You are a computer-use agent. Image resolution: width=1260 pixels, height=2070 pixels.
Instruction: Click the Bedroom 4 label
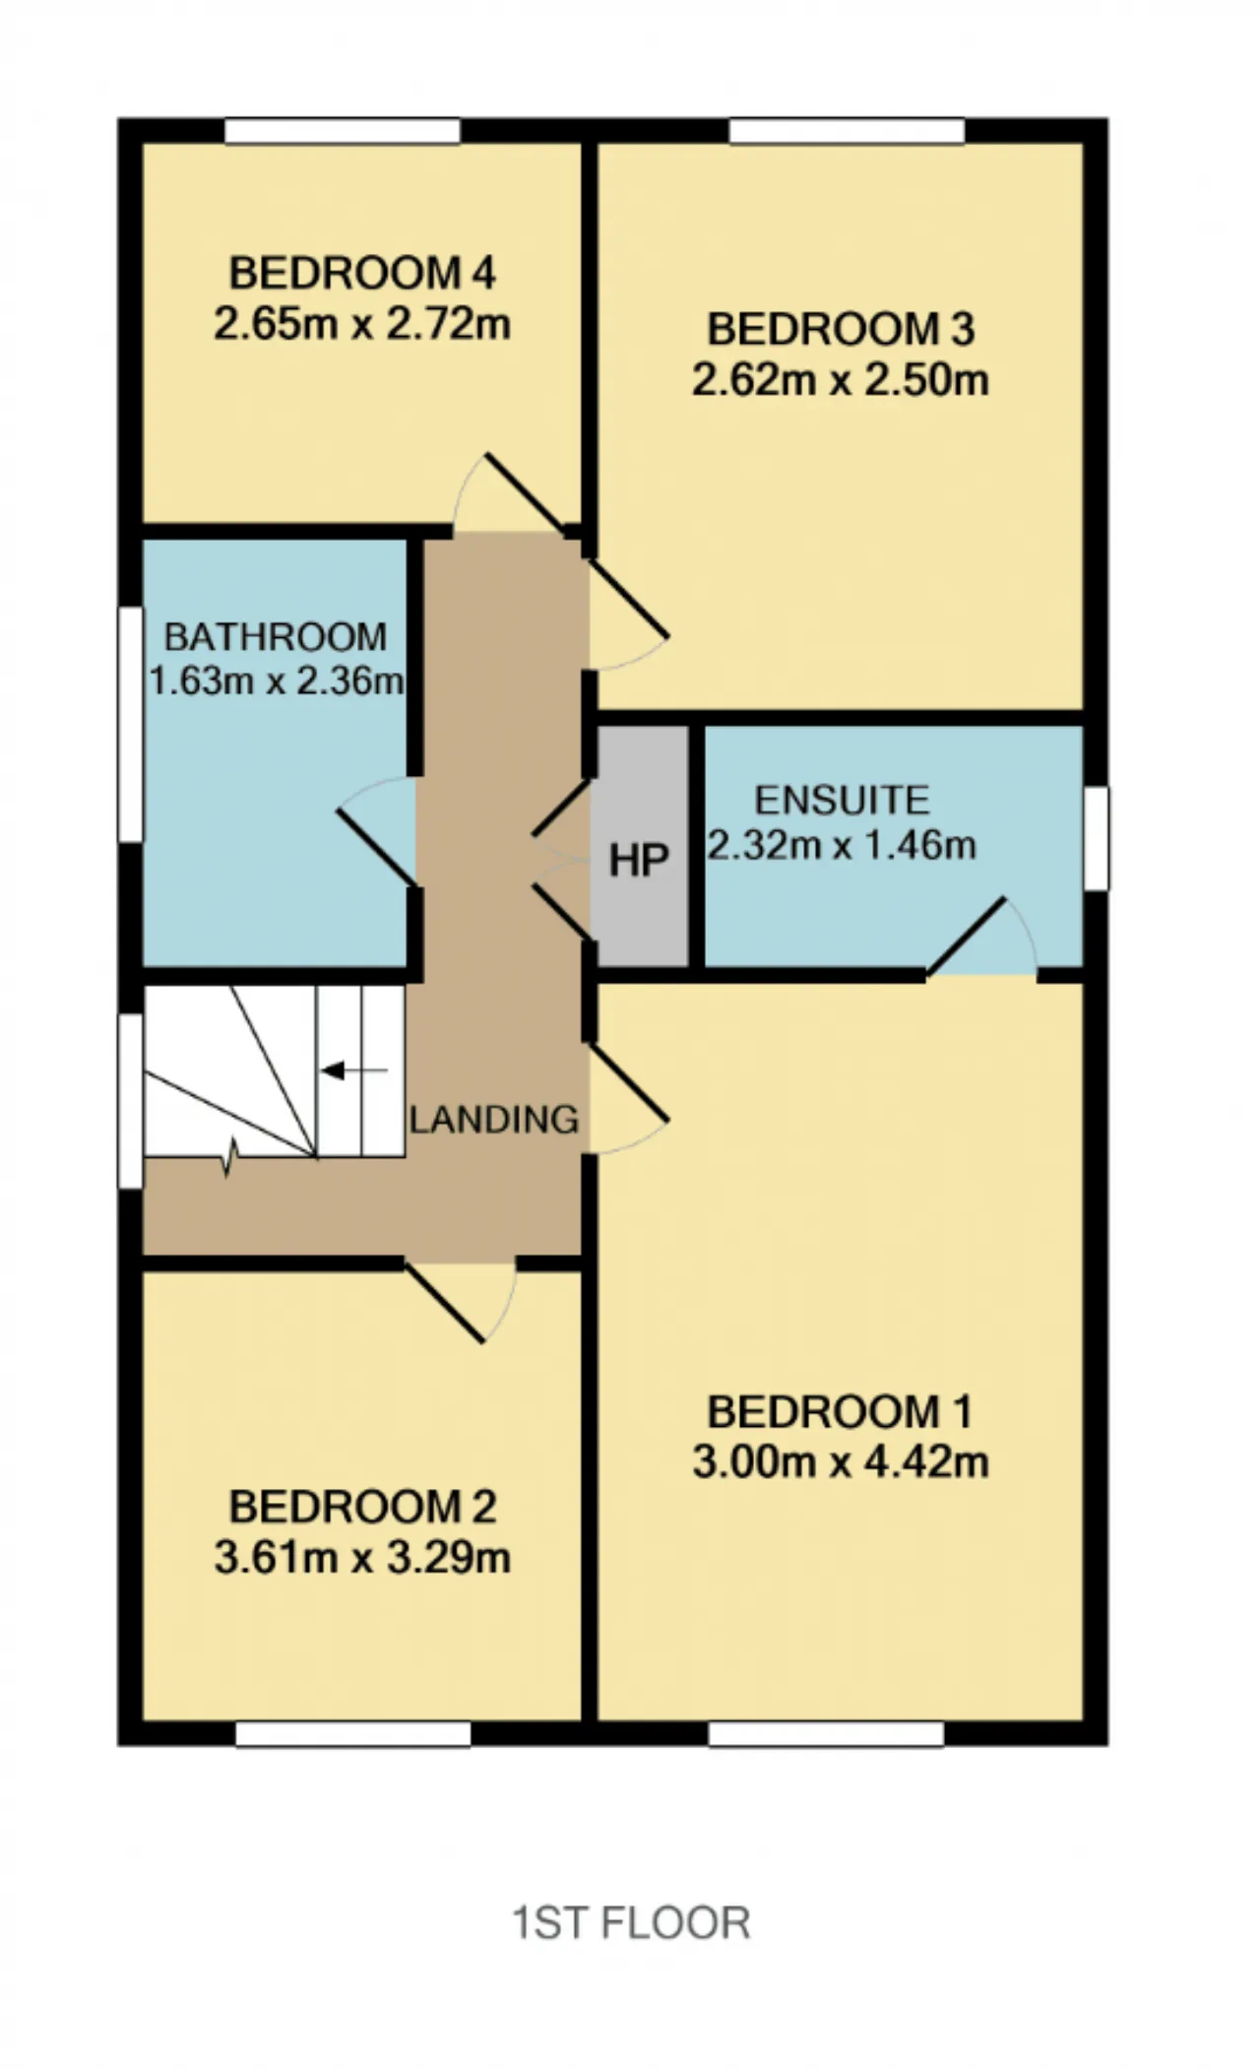(x=362, y=273)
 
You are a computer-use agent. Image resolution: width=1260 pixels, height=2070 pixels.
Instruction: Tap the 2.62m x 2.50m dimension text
(x=841, y=380)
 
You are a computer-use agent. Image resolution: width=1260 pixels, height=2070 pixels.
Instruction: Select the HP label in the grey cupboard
(x=639, y=861)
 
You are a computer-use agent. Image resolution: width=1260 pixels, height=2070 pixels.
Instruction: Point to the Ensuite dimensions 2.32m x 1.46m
(x=843, y=845)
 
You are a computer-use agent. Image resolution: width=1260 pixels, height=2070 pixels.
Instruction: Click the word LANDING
(x=494, y=1120)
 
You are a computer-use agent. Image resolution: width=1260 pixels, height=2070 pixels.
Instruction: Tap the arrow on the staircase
(x=354, y=1070)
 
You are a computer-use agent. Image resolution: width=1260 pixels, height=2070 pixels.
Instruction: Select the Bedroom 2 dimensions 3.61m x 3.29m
(x=362, y=1558)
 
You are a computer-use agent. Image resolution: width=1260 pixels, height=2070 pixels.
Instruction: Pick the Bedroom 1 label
(x=840, y=1412)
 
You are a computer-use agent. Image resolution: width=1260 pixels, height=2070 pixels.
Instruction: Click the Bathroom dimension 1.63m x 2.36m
(x=277, y=680)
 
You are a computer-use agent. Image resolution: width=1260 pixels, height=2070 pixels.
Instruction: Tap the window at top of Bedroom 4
(x=343, y=131)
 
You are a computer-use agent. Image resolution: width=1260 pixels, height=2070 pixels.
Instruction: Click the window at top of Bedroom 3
(x=847, y=131)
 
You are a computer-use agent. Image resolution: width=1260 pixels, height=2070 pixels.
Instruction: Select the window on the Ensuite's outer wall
(x=1096, y=838)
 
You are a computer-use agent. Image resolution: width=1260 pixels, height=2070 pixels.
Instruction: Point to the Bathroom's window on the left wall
(x=131, y=725)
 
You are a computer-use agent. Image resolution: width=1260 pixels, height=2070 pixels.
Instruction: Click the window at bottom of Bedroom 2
(x=353, y=1733)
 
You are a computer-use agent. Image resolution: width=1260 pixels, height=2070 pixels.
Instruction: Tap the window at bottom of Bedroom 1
(x=826, y=1733)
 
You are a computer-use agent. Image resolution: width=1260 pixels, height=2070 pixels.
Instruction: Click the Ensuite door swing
(x=982, y=936)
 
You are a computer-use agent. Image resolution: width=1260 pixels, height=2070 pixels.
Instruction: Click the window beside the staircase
(x=131, y=1101)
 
